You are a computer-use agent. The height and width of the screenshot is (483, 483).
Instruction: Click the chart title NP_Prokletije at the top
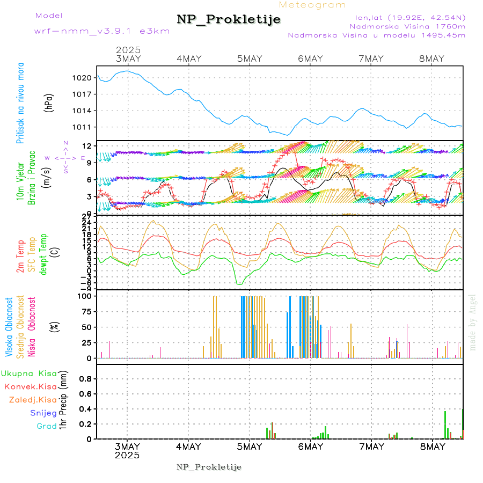pos(229,20)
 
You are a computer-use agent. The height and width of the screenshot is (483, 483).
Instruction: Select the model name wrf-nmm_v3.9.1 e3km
pos(102,31)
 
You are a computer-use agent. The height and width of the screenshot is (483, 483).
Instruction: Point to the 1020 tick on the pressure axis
pos(83,78)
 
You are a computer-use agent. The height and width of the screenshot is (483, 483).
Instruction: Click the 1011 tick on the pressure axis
pos(83,127)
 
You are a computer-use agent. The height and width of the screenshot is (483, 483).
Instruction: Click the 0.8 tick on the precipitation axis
pos(86,379)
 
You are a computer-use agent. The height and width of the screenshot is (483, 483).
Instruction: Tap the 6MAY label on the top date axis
pos(310,58)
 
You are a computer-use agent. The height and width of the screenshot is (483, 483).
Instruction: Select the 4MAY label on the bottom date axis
pos(188,447)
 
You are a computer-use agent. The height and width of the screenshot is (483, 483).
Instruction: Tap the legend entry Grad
pos(46,426)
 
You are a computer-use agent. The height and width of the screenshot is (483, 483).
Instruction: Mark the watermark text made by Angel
pos(473,322)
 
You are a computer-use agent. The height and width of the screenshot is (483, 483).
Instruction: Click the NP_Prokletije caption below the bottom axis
pos(209,467)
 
